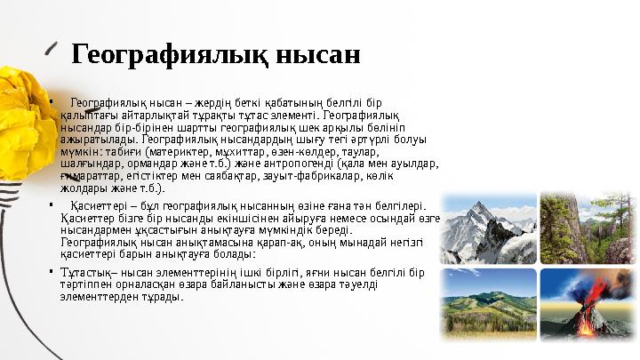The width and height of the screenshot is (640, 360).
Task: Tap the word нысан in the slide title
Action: click(311, 55)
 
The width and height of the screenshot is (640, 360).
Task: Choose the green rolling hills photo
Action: click(489, 306)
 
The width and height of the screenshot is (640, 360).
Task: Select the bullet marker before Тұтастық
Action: click(52, 271)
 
